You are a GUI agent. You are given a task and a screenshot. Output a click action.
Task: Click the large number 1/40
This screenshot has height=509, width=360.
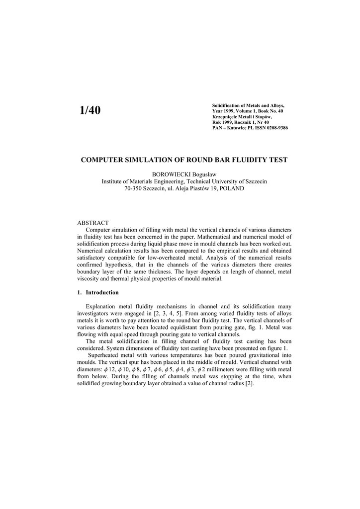point(90,110)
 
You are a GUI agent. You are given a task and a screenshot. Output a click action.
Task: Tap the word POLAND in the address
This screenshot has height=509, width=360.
point(230,189)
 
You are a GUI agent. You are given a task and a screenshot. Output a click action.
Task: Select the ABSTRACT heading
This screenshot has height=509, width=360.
point(93,223)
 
